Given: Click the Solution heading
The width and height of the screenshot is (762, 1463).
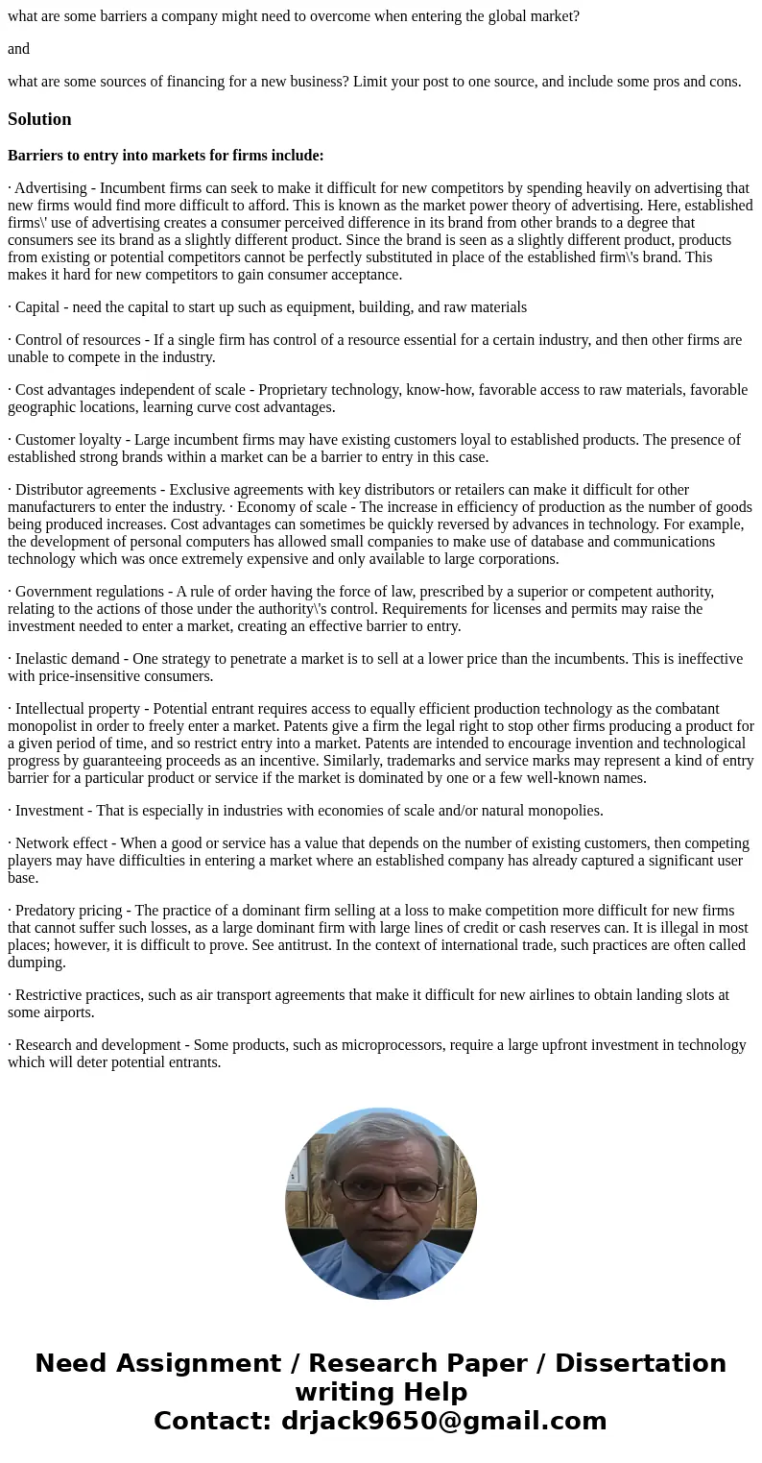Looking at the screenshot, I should point(39,119).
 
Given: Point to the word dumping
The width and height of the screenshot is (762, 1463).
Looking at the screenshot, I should point(36,963).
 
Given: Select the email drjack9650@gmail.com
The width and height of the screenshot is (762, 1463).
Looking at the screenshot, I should point(443,1422).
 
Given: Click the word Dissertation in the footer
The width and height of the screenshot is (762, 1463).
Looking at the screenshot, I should point(640,1364).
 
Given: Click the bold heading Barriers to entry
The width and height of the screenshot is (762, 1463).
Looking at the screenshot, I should point(165,156).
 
